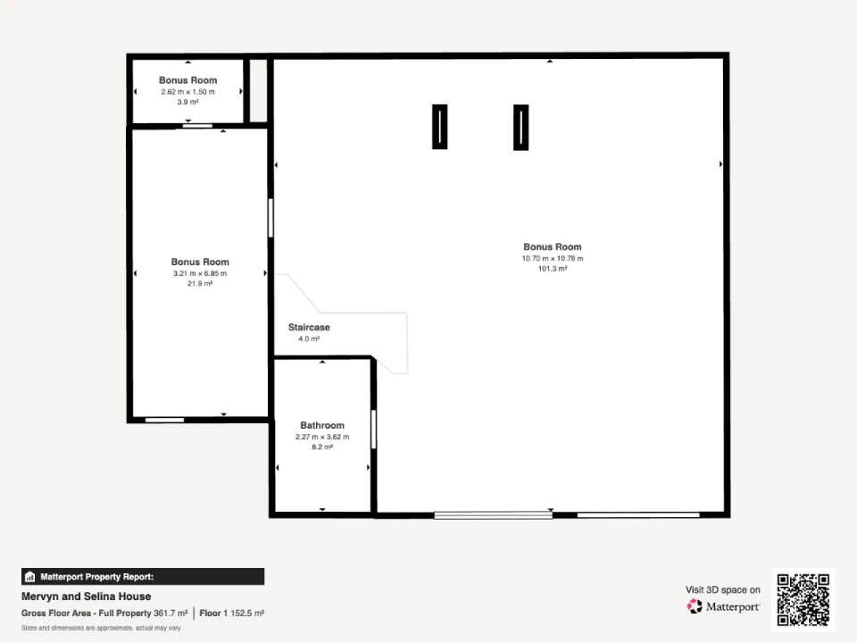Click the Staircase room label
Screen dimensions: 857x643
(309, 327)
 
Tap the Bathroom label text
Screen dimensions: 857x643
(322, 425)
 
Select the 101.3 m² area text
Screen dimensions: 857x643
(552, 269)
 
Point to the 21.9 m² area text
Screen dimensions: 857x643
(199, 283)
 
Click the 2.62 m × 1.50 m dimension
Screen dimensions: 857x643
(187, 92)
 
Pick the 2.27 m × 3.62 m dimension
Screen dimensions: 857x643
(322, 437)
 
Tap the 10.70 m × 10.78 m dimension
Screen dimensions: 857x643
(552, 258)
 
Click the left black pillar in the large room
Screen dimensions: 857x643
(439, 127)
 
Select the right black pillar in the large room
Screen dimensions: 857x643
(520, 127)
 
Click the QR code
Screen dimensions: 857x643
(803, 600)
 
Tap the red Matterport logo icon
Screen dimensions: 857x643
(695, 606)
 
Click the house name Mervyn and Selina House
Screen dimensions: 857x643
(86, 596)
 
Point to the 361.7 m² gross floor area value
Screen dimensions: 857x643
(171, 613)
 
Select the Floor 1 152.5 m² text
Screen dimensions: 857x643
(232, 613)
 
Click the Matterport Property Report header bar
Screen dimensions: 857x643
(143, 576)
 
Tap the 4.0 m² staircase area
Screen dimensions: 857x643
(309, 338)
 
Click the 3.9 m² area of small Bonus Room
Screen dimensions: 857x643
(187, 102)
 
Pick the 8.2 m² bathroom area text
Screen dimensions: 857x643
(322, 447)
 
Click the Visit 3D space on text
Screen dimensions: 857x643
(722, 589)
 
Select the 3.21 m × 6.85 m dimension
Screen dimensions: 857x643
(199, 273)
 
